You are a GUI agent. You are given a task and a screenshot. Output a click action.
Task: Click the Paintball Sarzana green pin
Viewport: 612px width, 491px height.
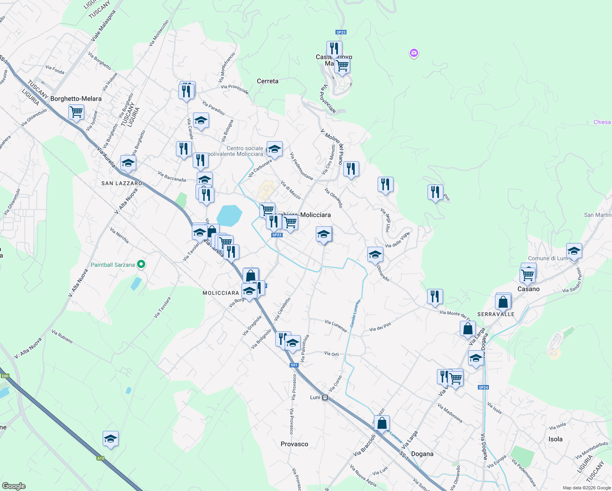(141, 264)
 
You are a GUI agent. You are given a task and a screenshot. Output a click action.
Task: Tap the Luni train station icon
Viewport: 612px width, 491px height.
(325, 397)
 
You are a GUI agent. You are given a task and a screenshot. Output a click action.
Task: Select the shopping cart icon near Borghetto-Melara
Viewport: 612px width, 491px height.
(76, 112)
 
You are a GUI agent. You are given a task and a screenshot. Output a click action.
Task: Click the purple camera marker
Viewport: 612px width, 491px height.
(414, 53)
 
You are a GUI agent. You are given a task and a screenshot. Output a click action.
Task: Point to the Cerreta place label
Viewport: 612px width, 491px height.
(268, 81)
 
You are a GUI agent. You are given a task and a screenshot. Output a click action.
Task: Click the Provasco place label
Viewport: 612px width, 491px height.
(294, 444)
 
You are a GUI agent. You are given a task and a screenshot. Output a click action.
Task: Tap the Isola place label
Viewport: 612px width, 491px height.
(555, 439)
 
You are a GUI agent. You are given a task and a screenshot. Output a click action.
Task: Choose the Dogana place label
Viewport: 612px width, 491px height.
(422, 454)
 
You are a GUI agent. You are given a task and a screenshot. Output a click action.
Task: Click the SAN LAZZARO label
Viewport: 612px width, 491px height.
(122, 183)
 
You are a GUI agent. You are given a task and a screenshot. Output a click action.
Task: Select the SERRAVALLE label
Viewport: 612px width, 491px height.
(496, 314)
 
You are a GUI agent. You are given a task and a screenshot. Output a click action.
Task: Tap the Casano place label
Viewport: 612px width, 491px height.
(529, 289)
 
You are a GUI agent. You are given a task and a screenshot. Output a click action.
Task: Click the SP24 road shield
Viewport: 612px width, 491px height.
(483, 387)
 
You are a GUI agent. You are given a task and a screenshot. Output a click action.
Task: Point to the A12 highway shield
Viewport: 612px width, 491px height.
(101, 458)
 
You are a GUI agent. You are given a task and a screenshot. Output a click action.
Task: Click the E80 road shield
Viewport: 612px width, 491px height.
(5, 376)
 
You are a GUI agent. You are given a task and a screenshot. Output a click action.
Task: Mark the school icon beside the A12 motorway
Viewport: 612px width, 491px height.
(110, 439)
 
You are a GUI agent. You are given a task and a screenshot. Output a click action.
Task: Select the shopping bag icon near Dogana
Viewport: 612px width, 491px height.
(382, 423)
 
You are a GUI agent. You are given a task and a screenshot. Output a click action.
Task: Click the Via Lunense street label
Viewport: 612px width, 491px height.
(336, 326)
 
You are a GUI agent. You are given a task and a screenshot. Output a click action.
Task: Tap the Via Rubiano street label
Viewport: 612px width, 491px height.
(62, 336)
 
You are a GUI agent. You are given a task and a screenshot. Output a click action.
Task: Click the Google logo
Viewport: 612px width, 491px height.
(13, 486)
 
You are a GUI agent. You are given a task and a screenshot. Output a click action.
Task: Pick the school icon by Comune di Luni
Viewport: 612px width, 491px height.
(574, 251)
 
